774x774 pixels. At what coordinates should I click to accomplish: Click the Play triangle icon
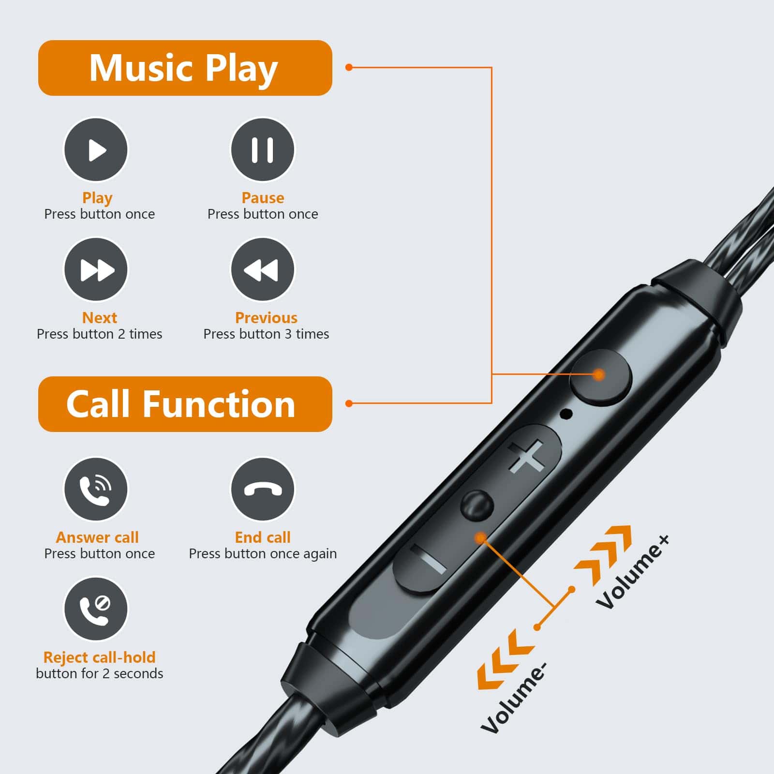tap(96, 149)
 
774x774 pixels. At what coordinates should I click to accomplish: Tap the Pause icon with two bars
tap(262, 149)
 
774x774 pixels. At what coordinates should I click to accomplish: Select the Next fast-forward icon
tap(96, 269)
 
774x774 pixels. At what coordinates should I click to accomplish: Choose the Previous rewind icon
tap(262, 269)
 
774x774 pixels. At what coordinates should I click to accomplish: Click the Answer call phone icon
tap(96, 489)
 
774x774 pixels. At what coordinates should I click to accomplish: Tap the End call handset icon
tap(262, 489)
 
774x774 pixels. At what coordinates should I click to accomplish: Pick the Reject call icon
tap(96, 609)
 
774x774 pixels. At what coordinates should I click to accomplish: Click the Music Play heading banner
tap(185, 68)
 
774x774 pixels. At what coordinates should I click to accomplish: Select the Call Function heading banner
tap(185, 404)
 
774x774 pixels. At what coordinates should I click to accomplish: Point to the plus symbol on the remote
tap(526, 457)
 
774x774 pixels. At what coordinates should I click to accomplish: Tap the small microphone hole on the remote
tap(566, 414)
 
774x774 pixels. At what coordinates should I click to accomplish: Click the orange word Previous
tap(266, 318)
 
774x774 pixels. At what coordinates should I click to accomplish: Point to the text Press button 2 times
tap(100, 334)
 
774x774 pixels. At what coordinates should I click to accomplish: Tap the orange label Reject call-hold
tap(100, 657)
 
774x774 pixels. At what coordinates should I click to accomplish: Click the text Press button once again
tap(263, 554)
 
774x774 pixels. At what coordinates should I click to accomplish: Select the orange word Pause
tap(263, 198)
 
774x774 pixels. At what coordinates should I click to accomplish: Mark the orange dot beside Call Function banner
tap(349, 403)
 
